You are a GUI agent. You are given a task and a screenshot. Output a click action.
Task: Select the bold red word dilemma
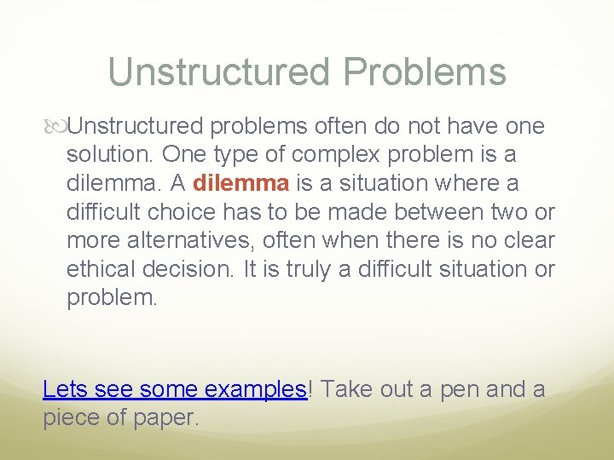pos(242,183)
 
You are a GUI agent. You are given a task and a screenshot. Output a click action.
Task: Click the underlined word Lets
pos(66,390)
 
